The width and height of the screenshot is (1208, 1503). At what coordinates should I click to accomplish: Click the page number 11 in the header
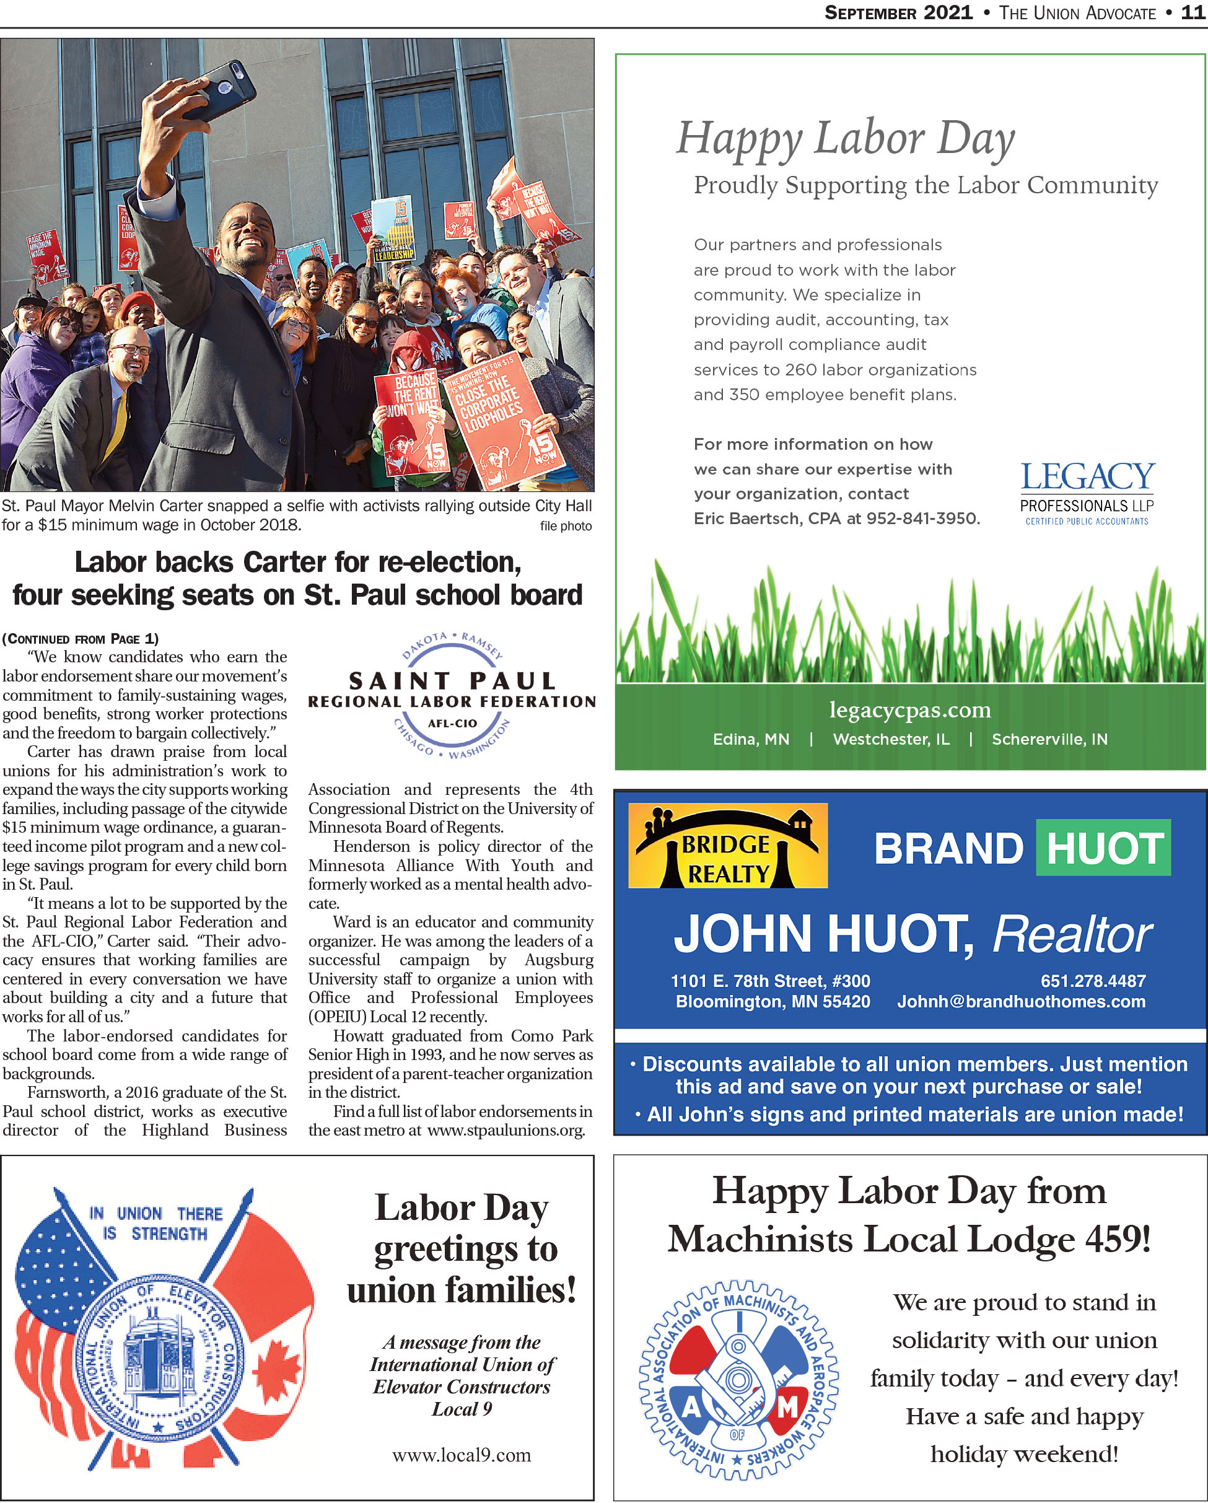click(x=1193, y=12)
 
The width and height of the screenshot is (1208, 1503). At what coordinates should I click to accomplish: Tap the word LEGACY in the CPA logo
click(x=1087, y=478)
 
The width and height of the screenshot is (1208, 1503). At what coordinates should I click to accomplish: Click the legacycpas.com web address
click(x=909, y=709)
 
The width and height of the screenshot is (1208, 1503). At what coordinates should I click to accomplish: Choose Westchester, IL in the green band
click(x=891, y=739)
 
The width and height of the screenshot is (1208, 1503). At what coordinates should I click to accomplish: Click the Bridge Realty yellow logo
click(x=728, y=846)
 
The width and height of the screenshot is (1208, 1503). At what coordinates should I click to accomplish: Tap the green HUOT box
click(x=1103, y=848)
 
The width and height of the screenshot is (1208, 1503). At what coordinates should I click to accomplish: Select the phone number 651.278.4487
click(x=1092, y=981)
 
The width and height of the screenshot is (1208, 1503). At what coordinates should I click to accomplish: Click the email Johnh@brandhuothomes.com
click(x=1020, y=1002)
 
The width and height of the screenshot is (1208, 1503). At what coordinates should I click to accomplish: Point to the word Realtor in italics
click(x=1072, y=934)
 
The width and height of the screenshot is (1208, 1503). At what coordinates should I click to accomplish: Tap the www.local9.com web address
click(x=462, y=1455)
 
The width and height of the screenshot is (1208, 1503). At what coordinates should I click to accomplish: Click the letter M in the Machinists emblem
click(x=787, y=1409)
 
